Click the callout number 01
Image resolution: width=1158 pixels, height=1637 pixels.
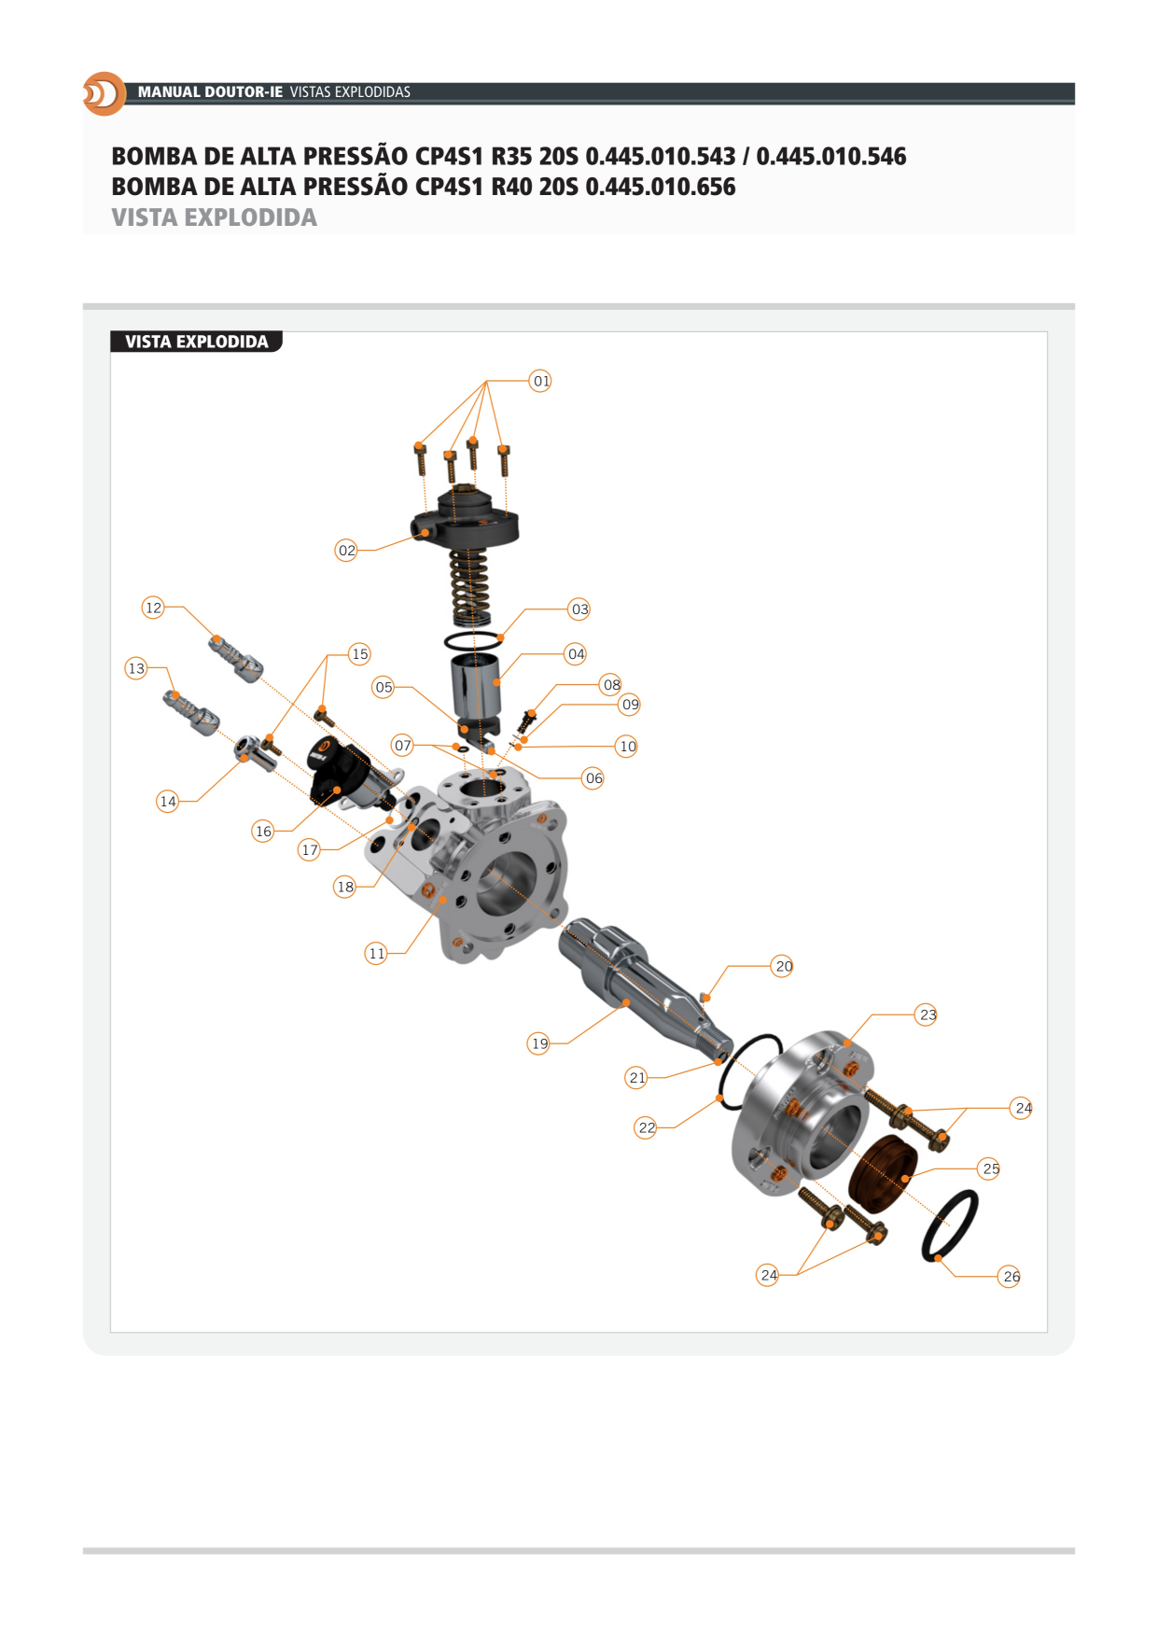540,381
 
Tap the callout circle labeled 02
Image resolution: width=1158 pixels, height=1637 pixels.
346,551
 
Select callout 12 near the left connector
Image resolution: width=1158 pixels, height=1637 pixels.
153,608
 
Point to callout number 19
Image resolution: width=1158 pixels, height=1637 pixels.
538,1043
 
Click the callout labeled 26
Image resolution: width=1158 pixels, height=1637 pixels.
1011,1276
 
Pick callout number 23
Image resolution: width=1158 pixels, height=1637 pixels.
927,1014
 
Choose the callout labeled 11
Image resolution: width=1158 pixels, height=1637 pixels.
376,953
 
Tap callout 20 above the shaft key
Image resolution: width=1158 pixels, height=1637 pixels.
783,966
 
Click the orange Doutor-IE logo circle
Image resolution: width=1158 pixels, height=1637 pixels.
105,93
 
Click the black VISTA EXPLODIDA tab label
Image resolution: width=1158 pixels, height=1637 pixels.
196,342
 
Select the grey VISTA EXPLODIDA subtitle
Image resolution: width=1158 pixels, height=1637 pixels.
214,217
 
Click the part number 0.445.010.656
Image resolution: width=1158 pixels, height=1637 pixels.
661,187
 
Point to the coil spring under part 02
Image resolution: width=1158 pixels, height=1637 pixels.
470,587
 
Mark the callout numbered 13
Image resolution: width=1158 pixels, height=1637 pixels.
136,668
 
